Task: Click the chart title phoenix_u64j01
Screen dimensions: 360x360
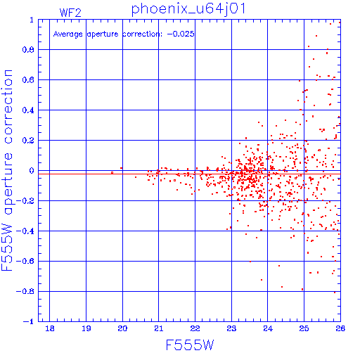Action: click(x=188, y=9)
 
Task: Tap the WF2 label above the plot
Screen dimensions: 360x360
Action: click(x=70, y=13)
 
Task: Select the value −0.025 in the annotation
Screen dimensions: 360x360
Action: click(x=181, y=34)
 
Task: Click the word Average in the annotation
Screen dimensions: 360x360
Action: click(x=68, y=34)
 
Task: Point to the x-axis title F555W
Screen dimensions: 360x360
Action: click(x=190, y=345)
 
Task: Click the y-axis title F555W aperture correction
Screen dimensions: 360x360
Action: click(x=7, y=170)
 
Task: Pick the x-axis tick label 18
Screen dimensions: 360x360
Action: click(x=50, y=328)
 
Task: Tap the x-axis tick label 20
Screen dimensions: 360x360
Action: click(x=122, y=328)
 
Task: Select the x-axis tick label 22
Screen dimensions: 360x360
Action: click(x=195, y=328)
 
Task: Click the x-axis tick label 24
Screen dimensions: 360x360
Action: click(x=268, y=328)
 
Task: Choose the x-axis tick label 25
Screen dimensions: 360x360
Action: click(x=304, y=328)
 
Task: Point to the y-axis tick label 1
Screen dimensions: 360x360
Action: click(x=32, y=20)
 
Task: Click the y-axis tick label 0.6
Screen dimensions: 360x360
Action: click(x=28, y=80)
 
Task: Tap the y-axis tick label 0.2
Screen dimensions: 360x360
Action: click(x=28, y=141)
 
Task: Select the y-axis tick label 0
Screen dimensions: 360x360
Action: click(x=32, y=171)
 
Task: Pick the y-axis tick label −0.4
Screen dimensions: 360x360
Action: click(x=25, y=231)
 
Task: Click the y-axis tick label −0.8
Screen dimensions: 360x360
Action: click(x=25, y=291)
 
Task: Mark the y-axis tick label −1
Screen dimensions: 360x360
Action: click(x=29, y=321)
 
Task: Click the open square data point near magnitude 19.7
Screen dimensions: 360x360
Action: click(x=112, y=173)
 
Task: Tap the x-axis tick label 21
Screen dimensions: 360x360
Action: click(x=159, y=328)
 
